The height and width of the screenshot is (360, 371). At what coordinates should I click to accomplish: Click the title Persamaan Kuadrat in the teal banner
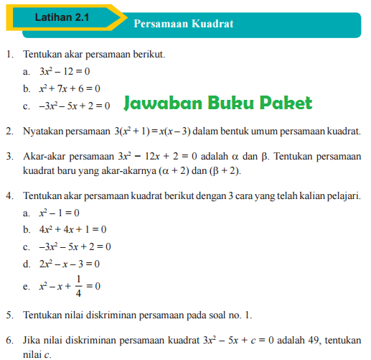tap(183, 23)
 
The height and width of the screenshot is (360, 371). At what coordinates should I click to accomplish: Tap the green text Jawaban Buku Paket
tap(217, 103)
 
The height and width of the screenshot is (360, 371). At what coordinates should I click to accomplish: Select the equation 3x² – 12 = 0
tap(65, 72)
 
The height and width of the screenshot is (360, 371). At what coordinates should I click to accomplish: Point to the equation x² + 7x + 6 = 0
tap(70, 88)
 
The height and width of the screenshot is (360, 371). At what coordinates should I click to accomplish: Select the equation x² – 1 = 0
tap(59, 213)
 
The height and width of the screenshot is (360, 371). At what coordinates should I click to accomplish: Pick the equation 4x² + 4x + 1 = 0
tap(72, 230)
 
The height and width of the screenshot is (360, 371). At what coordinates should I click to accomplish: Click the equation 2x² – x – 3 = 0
tap(70, 263)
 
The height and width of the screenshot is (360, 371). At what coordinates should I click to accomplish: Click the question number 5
tap(8, 315)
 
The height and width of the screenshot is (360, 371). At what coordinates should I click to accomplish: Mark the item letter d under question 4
tap(26, 263)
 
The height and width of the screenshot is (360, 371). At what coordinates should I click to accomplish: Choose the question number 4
tap(8, 195)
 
